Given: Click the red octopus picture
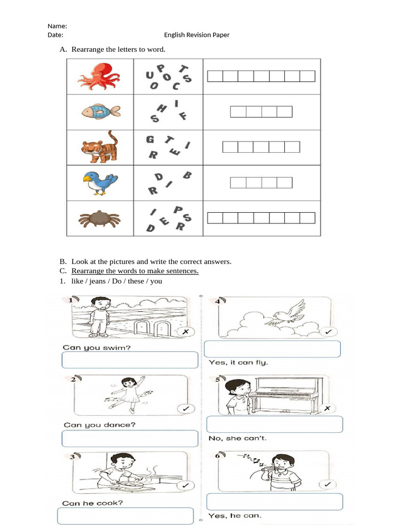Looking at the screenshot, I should pos(99,76).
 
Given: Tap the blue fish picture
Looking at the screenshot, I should pos(101,111).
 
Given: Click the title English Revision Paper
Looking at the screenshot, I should pos(196,35).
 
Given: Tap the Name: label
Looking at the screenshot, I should pos(57,26).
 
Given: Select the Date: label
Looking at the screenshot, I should pos(55,35).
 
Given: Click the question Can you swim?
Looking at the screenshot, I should pos(96,347).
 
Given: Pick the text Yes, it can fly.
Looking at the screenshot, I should pos(239,362).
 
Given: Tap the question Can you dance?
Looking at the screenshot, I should pos(100,425).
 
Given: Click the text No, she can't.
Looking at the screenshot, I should pos(237,438).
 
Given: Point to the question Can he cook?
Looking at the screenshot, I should pos(92,503).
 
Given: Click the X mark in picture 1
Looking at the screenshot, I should pos(186,332).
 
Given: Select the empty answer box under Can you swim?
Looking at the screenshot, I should pos(130,360).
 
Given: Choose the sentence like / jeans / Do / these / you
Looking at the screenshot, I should pos(116,281).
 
